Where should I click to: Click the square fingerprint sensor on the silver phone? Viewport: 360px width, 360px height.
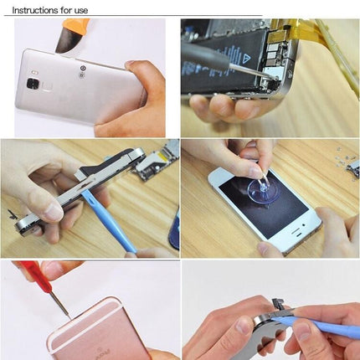click(33, 84)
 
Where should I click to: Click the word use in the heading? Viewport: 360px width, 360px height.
click(80, 10)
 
